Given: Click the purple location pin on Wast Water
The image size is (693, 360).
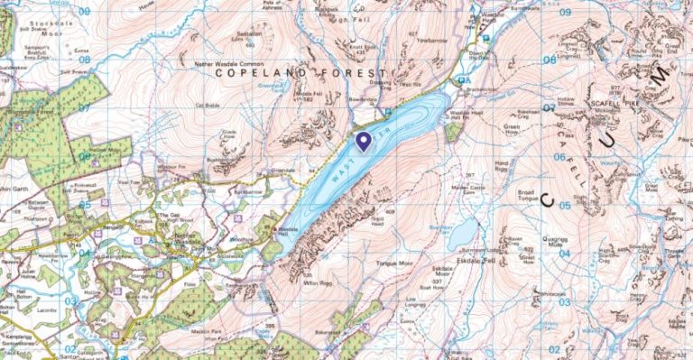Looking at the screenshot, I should (x=363, y=142).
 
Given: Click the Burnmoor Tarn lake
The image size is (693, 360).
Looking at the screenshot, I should (x=461, y=233).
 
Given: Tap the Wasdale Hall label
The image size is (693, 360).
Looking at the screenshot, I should (x=288, y=231).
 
